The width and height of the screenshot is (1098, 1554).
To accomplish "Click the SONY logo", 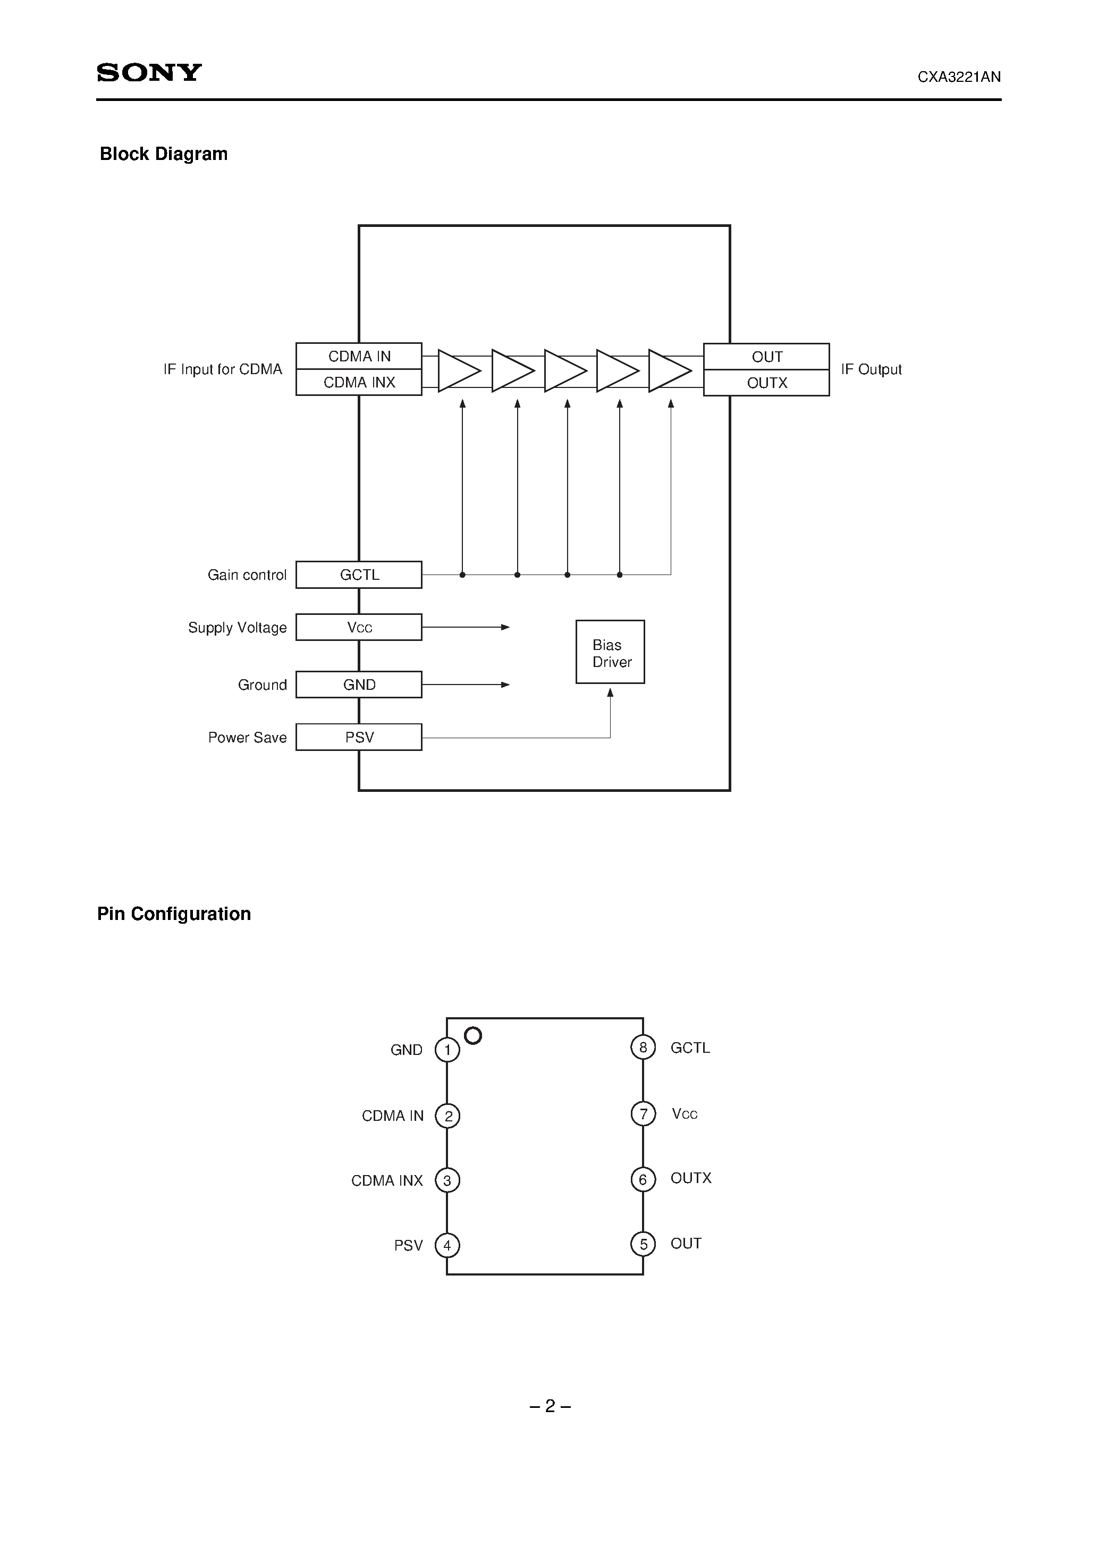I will [149, 72].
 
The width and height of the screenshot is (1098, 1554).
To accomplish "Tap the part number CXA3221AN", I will [959, 77].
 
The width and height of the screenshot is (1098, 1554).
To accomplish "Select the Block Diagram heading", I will [163, 154].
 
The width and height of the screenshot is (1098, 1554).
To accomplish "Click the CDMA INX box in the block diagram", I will [359, 383].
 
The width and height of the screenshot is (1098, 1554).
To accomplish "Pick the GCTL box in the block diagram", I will [359, 575].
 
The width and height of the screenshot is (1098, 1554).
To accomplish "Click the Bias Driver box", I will [610, 653].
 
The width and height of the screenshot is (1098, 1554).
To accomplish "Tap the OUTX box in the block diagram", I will [766, 383].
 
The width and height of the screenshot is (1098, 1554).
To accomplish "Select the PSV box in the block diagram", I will [359, 737].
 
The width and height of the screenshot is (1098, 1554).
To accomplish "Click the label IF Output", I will [871, 369].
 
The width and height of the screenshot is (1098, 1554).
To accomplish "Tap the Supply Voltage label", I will [237, 628].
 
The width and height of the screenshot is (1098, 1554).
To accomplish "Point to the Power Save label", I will [247, 738].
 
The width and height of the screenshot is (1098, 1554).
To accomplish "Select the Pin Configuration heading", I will [174, 914].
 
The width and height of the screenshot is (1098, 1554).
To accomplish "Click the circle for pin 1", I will [447, 1050].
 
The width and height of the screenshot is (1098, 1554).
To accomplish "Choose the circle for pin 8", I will [643, 1047].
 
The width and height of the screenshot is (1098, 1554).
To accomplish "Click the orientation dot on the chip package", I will [473, 1035].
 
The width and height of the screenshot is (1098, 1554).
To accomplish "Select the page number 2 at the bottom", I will [550, 1406].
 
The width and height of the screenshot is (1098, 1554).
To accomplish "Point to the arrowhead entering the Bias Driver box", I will [610, 692].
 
